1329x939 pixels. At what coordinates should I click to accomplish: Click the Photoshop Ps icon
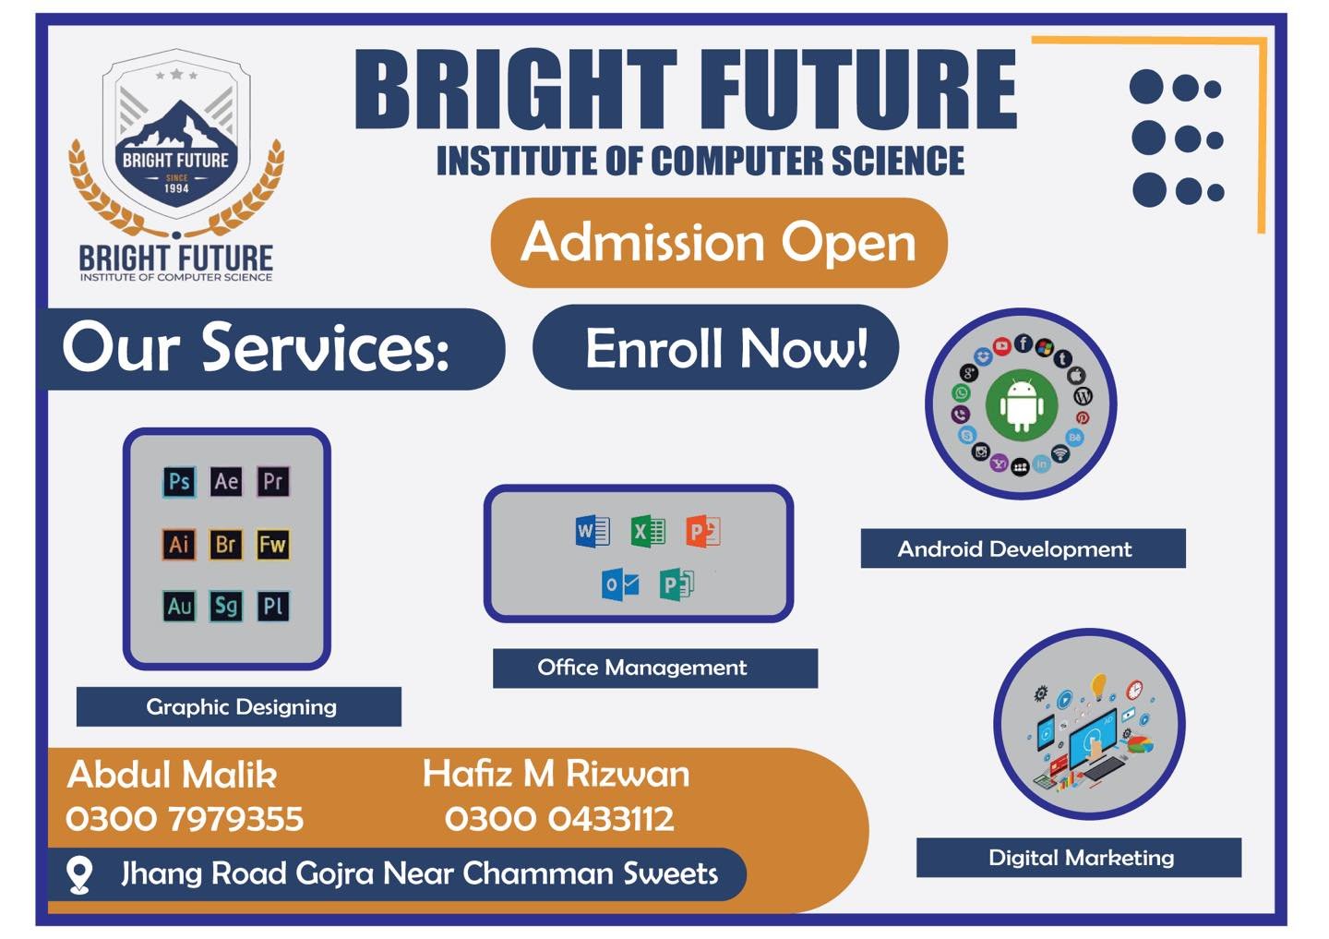(179, 481)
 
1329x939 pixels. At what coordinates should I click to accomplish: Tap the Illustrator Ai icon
(179, 545)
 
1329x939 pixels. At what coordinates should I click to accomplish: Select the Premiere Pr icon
(273, 481)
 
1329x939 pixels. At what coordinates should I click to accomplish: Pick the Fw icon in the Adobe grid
(273, 545)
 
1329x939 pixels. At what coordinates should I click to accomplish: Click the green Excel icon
(648, 531)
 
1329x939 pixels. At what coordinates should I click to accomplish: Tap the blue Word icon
(593, 531)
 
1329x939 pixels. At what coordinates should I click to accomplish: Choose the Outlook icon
(620, 584)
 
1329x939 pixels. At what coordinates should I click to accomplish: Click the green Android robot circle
(1022, 405)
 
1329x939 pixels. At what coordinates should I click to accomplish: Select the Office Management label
(655, 668)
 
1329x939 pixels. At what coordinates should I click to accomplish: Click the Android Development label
(1024, 548)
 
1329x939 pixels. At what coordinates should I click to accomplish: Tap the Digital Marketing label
(1079, 858)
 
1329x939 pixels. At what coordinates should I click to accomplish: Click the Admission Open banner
(719, 243)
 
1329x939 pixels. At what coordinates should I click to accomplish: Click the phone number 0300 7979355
(185, 819)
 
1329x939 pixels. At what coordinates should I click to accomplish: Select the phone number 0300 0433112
(559, 819)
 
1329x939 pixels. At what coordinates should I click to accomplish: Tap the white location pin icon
(79, 874)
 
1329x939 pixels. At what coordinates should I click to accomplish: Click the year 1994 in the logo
(177, 188)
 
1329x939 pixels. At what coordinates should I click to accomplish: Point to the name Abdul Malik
(172, 775)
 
